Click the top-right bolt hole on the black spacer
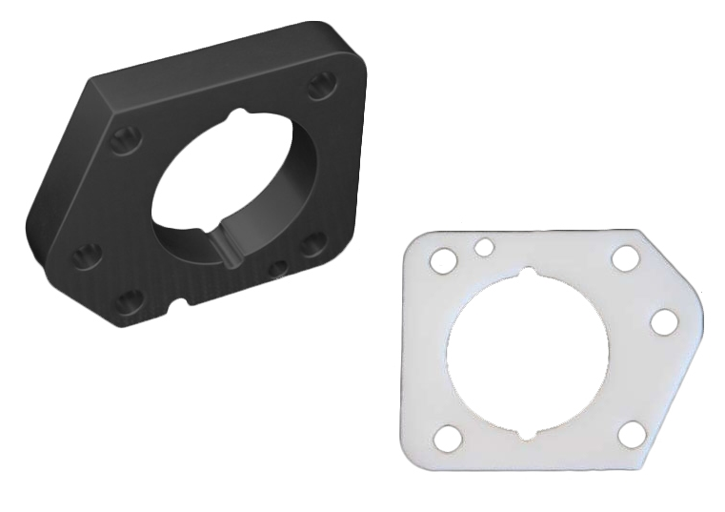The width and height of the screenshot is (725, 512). (x=320, y=88)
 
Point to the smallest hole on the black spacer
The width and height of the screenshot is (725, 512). (x=278, y=268)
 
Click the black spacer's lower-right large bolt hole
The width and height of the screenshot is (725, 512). (x=312, y=243)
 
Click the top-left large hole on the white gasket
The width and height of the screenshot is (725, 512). (x=443, y=259)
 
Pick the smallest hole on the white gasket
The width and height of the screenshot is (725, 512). (x=484, y=248)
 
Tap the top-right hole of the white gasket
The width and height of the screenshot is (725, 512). (x=625, y=257)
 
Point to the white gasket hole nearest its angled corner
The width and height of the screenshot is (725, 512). (x=663, y=322)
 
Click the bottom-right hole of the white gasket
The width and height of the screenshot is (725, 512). (x=631, y=434)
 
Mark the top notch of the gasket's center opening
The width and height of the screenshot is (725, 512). (x=528, y=277)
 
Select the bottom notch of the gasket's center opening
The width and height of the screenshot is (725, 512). (x=527, y=434)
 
